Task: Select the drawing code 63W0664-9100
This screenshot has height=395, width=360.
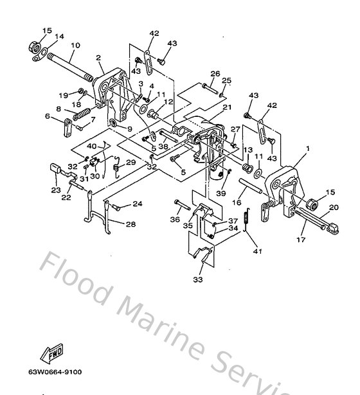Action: pos(54,372)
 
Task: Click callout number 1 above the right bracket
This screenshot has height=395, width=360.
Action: pos(307,149)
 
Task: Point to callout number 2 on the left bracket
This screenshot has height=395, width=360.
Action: pos(98,58)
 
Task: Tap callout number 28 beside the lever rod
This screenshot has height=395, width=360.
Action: pos(130,225)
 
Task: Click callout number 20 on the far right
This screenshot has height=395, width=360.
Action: pos(334,207)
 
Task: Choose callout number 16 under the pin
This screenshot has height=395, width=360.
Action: pos(237,202)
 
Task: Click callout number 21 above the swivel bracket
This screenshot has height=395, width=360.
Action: pos(226,108)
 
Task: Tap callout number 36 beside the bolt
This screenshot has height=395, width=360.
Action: pos(175,219)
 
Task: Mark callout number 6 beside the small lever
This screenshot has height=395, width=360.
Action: pos(47,116)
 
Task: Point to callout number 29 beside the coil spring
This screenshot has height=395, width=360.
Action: pos(131,162)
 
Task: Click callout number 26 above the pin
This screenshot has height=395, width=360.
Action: pos(215,73)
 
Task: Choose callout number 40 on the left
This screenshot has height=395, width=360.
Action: pos(91,146)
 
